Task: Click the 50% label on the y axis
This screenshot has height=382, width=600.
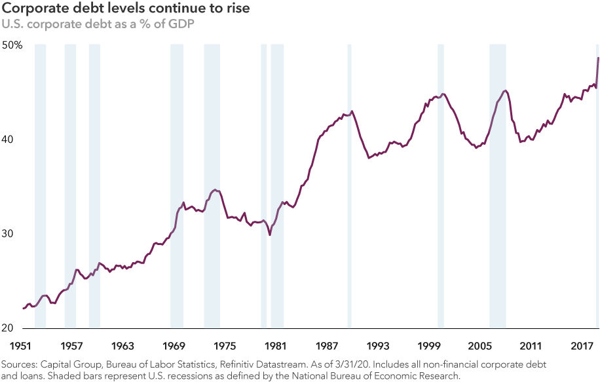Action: [x=12, y=45]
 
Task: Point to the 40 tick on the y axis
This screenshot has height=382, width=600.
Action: [x=9, y=140]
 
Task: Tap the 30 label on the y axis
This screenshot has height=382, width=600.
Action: [x=9, y=234]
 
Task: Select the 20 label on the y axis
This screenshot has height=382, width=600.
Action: [x=9, y=328]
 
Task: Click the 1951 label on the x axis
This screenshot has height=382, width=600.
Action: [x=20, y=345]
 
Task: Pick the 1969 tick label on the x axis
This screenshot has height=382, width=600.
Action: [x=174, y=345]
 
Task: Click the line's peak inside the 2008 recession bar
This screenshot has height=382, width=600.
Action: [x=504, y=90]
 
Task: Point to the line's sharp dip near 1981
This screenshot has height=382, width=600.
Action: [x=271, y=235]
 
